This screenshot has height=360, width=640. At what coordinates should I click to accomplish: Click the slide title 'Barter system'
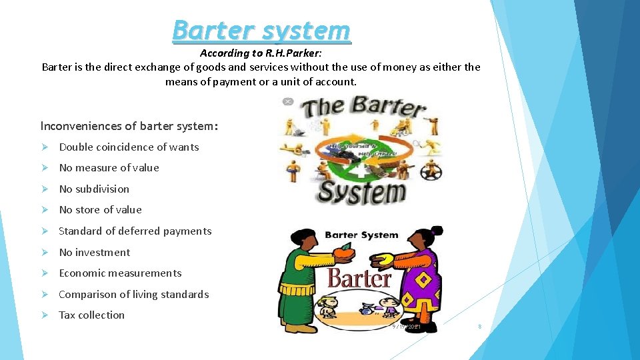261,31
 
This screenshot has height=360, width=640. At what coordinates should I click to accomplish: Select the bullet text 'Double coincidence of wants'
129,147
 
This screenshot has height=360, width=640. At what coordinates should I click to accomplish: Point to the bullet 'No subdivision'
94,189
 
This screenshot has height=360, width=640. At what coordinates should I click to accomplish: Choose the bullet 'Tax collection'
91,315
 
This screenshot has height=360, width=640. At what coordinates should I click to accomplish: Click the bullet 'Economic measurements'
120,273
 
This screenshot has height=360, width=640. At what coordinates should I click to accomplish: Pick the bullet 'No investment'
95,253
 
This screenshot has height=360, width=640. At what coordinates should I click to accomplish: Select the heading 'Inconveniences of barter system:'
129,126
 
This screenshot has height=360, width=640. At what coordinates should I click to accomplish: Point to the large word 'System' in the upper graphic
361,193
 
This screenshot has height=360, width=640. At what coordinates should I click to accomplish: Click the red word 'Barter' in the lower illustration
359,278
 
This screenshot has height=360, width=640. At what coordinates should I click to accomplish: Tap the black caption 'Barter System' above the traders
361,235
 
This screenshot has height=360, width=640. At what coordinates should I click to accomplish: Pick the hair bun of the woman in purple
437,231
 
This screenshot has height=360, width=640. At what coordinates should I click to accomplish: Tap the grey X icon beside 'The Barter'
288,101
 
